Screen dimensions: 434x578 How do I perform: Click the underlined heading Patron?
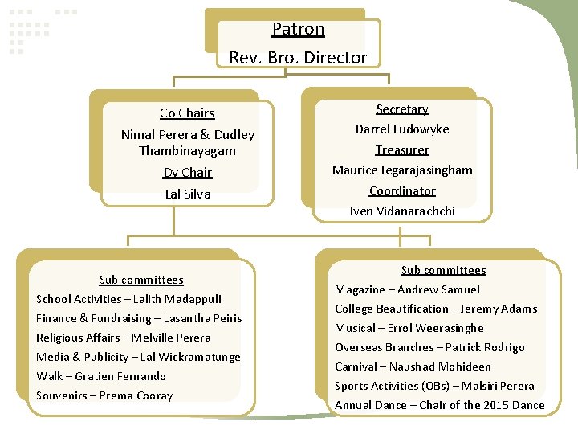(298, 30)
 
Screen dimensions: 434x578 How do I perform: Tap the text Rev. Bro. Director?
(298, 58)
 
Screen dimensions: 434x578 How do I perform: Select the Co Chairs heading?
(187, 113)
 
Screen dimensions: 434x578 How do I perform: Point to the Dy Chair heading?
(187, 173)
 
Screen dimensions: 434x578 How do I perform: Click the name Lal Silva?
(187, 194)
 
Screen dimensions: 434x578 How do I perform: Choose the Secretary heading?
(402, 109)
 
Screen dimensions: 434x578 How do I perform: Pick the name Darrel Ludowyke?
(402, 129)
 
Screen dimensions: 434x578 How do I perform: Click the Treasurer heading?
(402, 150)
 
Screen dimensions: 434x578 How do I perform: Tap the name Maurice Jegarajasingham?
(402, 170)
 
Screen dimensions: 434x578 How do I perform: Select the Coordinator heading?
(402, 191)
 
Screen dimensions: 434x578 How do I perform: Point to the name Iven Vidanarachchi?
(402, 211)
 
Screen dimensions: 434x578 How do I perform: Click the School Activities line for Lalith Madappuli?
(128, 299)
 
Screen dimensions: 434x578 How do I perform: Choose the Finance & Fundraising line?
(139, 318)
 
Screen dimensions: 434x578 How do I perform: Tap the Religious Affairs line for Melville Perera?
(124, 338)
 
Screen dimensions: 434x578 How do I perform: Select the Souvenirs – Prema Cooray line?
(104, 395)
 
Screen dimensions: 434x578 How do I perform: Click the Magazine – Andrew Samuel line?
(407, 289)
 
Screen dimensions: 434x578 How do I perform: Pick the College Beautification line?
(436, 309)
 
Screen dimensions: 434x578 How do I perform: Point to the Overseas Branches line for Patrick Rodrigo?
(429, 347)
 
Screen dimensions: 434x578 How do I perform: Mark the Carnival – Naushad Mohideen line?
(413, 366)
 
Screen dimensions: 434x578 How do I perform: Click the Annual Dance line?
(439, 405)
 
